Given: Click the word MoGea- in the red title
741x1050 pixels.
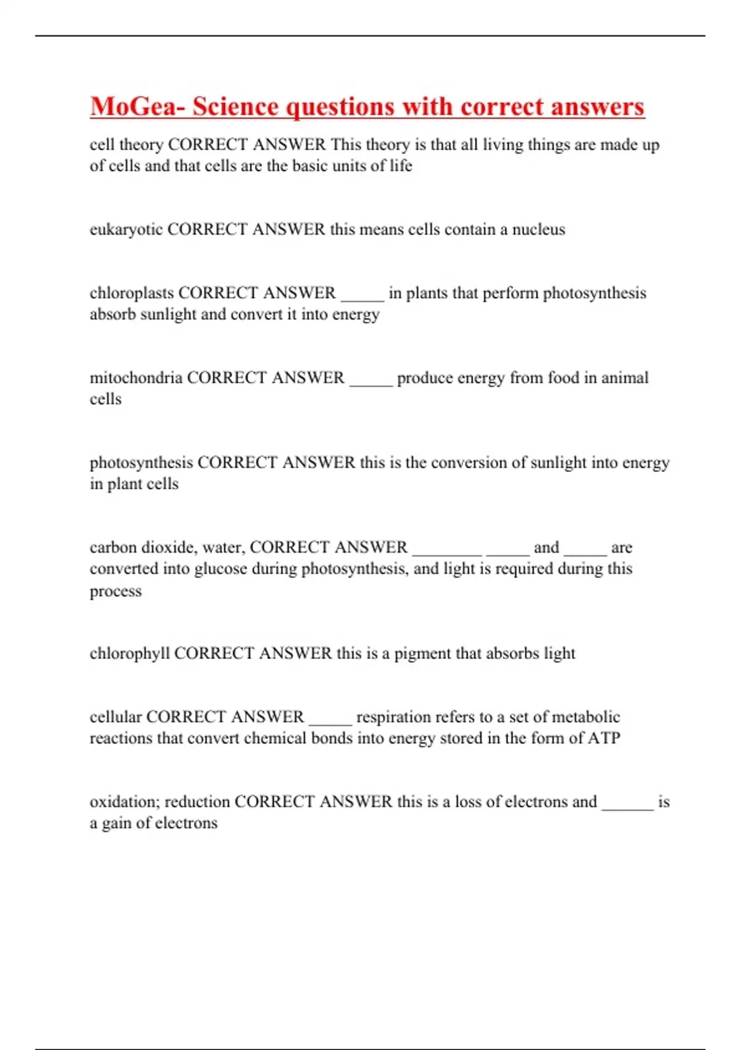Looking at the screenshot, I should [137, 106].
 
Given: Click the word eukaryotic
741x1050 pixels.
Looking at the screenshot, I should [126, 230].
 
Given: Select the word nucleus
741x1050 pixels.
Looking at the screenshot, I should [538, 230].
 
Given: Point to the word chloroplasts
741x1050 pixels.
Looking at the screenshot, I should [132, 293].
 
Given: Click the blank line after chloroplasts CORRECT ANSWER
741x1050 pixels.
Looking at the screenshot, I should [362, 295].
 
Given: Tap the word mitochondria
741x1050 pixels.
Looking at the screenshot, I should [136, 377].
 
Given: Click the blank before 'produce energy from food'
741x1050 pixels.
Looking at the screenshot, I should [371, 380].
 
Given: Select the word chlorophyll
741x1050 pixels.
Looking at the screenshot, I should [130, 653].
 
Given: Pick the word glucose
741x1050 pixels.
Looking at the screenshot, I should [220, 568].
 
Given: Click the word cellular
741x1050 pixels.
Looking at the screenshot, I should [115, 716].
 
